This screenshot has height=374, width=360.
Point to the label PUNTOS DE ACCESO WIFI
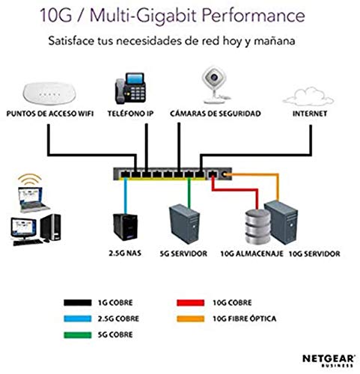pos(44,114)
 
